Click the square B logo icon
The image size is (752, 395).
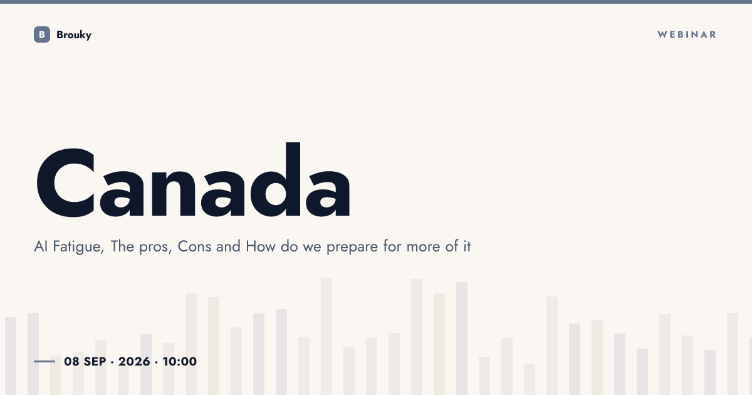click(42, 34)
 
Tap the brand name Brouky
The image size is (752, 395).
click(74, 35)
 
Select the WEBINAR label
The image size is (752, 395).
click(687, 34)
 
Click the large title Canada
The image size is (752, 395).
click(194, 180)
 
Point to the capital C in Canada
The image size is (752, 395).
click(65, 182)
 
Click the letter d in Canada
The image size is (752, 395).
click(275, 180)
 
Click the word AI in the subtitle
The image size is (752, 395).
click(41, 246)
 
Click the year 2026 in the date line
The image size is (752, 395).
click(134, 361)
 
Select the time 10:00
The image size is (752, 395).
click(180, 361)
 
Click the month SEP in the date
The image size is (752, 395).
click(95, 361)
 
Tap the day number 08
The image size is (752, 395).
click(71, 361)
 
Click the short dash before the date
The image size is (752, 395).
click(44, 361)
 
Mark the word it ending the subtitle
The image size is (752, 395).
click(467, 246)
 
